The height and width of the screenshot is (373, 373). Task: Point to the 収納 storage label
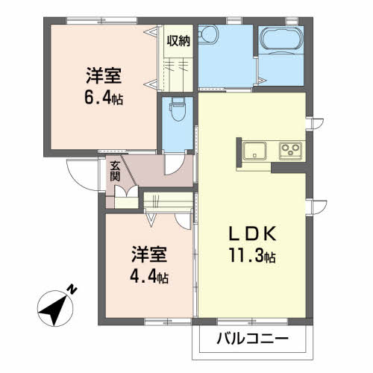point(178,41)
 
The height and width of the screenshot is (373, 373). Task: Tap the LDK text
point(251,233)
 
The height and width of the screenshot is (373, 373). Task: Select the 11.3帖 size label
point(251,257)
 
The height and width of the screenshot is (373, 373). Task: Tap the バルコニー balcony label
point(252,339)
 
